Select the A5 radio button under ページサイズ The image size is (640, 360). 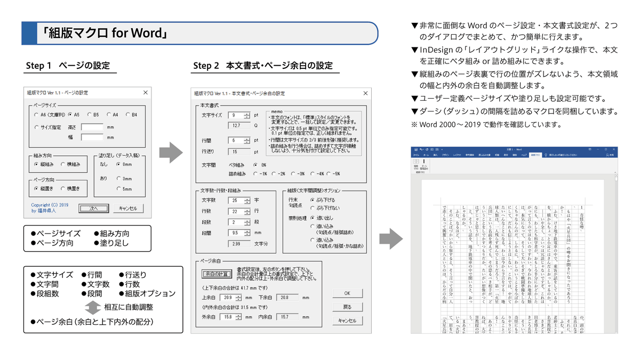[x=70, y=114]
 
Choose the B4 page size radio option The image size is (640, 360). [x=129, y=114]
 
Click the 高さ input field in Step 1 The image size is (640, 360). [x=92, y=127]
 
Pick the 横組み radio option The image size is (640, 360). [x=63, y=164]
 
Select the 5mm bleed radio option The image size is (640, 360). [x=119, y=189]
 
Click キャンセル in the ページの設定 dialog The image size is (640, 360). [x=128, y=209]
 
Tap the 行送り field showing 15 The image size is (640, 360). [x=238, y=151]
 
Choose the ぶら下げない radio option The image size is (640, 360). [x=313, y=207]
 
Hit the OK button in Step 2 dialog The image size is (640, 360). [x=347, y=293]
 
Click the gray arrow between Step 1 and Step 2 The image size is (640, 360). [x=171, y=153]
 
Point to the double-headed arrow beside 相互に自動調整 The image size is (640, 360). [x=93, y=307]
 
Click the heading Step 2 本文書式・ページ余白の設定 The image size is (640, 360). [x=263, y=66]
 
